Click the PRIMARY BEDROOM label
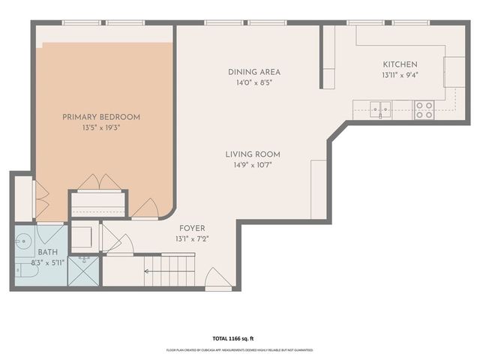[x=101, y=117]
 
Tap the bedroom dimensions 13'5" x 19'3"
[x=101, y=128]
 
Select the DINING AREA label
[x=254, y=72]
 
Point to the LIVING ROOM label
[x=253, y=154]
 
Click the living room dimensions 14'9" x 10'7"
[x=253, y=166]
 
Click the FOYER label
[x=192, y=228]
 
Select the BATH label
[x=48, y=253]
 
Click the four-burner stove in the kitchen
[x=424, y=110]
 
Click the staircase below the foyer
[x=169, y=271]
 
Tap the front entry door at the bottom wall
[x=217, y=280]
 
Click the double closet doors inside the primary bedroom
[x=98, y=182]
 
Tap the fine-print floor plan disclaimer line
[x=239, y=350]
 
